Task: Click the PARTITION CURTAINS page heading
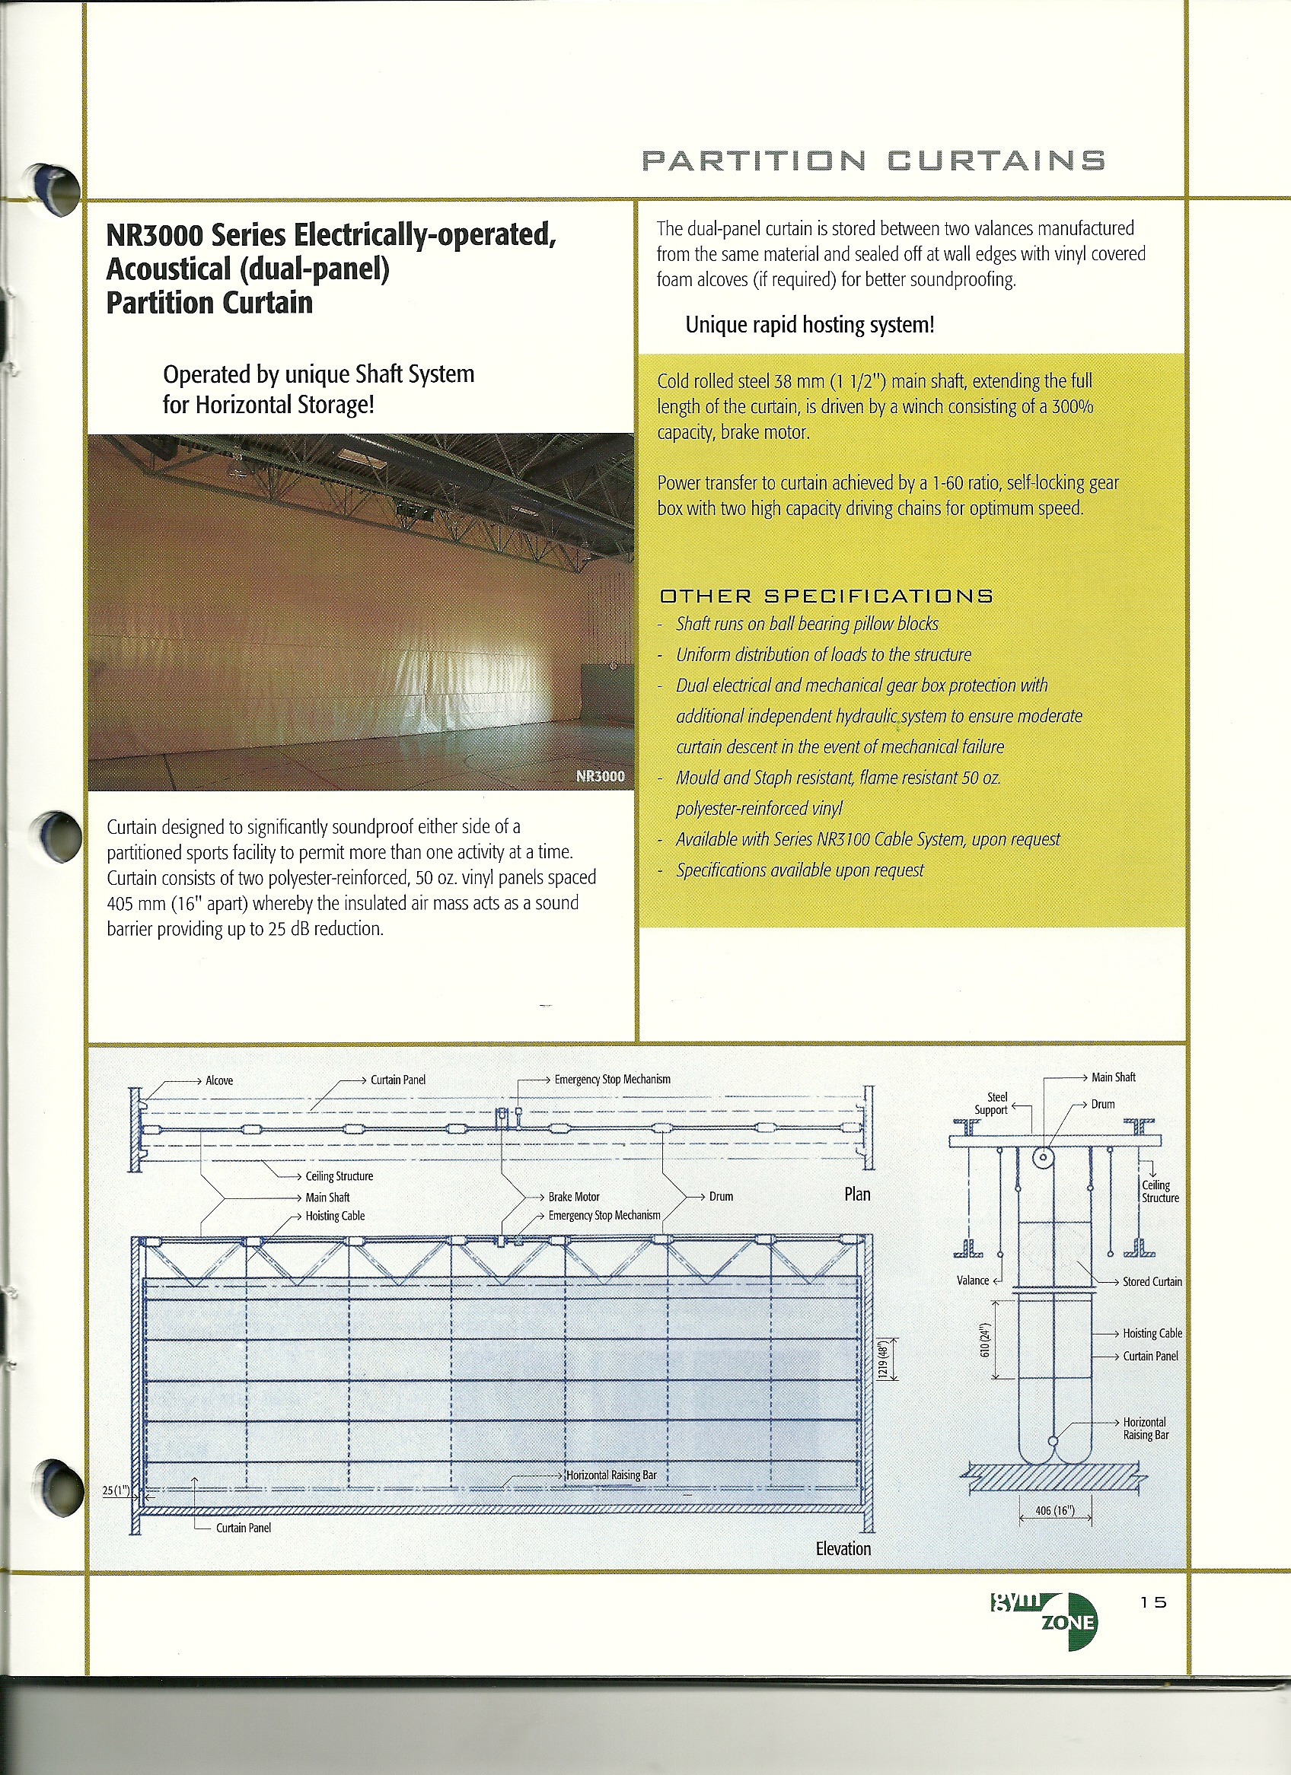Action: pos(872,161)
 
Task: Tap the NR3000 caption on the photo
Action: pos(600,776)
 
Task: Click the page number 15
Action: pos(1153,1602)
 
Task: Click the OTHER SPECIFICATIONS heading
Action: pos(826,596)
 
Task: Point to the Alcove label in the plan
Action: pos(219,1081)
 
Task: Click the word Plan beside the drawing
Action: pos(857,1194)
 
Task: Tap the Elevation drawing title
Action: pos(843,1549)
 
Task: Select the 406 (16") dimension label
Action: pos(1054,1510)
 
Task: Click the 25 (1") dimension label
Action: pos(116,1490)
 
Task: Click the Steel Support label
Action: pos(991,1103)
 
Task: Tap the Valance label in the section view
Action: pos(973,1280)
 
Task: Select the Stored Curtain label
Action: pos(1152,1281)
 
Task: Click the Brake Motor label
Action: pos(574,1197)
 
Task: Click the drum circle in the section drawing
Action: pos(1043,1156)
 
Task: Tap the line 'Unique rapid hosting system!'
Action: pos(809,325)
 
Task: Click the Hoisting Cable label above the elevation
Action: pos(334,1216)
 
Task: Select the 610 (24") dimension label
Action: pos(987,1339)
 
